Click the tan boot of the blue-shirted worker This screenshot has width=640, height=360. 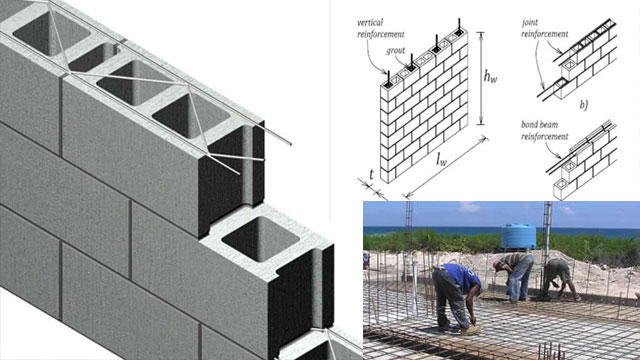pyautogui.click(x=472, y=328)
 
